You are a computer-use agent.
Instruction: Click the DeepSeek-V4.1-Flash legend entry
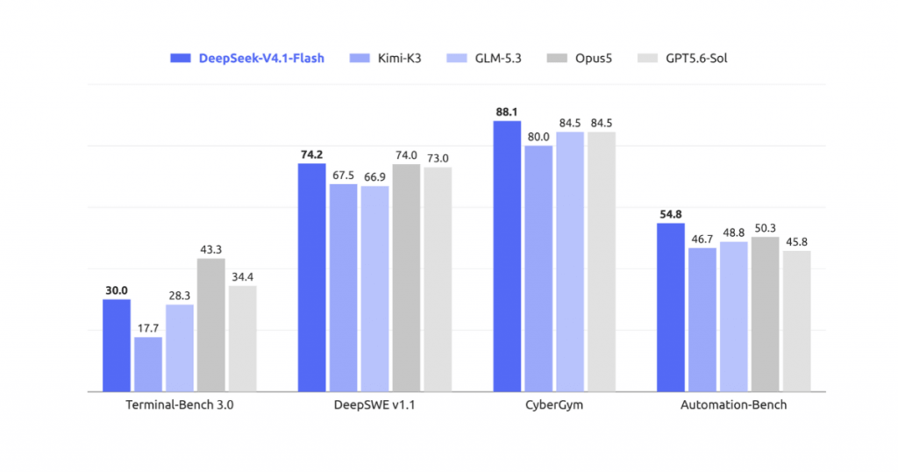coord(246,58)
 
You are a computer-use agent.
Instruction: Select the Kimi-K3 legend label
coord(399,58)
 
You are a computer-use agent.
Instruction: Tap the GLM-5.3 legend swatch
coord(456,58)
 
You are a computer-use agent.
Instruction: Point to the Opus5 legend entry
coord(579,58)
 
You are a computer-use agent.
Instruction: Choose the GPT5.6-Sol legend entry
coord(682,58)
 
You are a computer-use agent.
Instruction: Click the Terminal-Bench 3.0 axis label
coord(179,404)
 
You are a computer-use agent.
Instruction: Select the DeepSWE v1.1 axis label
coord(374,404)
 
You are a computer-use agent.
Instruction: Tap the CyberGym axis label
coord(554,404)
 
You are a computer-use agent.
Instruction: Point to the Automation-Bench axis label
coord(733,404)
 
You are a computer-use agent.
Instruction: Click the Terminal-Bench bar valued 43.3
coord(210,325)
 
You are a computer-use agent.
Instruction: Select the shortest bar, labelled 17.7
coord(148,364)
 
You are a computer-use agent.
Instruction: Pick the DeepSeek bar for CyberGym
coord(507,256)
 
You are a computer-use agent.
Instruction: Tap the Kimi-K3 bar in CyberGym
coord(538,268)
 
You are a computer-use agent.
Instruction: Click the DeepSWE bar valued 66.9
coord(374,289)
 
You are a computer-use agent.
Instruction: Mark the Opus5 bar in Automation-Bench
coord(765,314)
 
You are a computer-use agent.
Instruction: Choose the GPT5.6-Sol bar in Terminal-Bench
coord(242,339)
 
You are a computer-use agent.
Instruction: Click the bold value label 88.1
coord(507,111)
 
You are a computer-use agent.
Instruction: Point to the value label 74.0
coord(406,155)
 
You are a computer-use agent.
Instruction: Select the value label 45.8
coord(796,242)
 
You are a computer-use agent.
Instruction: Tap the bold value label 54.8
coord(671,214)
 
